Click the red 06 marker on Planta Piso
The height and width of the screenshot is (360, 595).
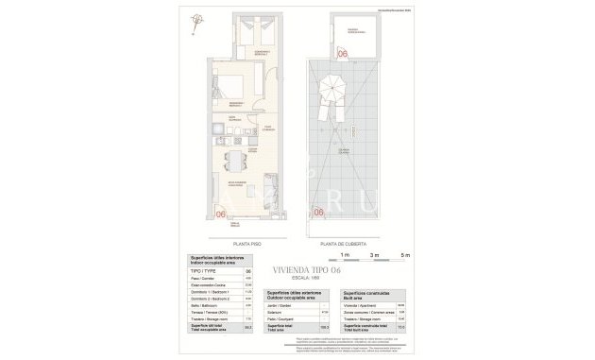[x=222, y=214]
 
